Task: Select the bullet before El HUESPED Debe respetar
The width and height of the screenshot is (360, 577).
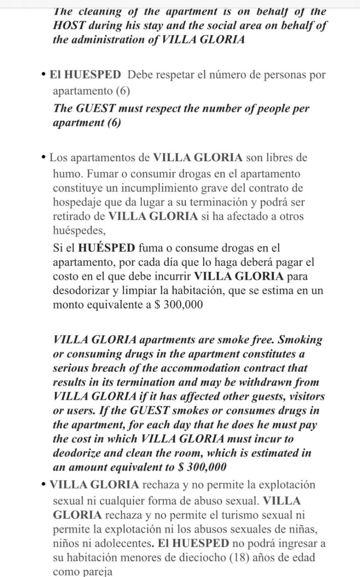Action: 44,75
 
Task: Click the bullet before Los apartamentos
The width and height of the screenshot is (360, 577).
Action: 44,157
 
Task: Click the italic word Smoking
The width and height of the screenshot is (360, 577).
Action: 300,340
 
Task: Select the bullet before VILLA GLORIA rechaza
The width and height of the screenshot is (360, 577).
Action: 44,485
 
